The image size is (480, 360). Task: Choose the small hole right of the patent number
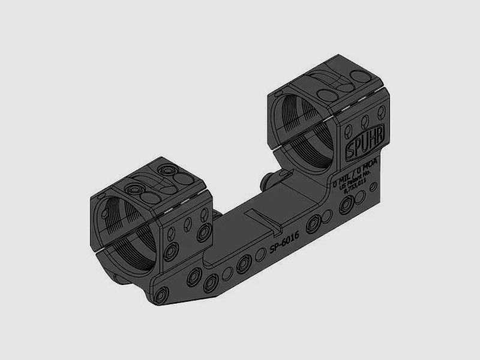click(x=375, y=188)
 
